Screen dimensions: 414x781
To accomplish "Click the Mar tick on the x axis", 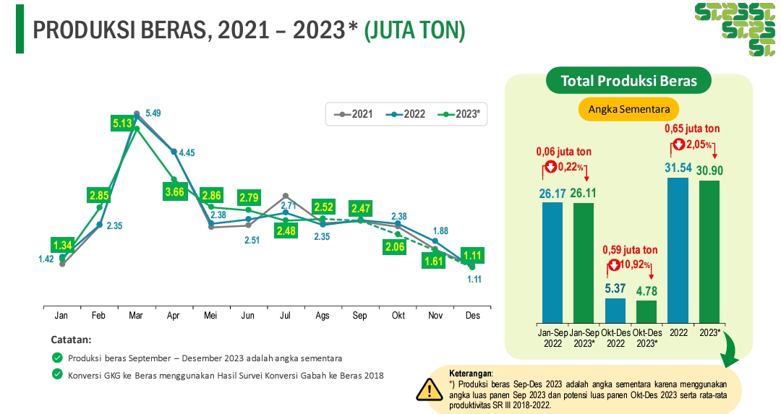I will (x=135, y=316).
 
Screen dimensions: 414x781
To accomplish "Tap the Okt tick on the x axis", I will (x=398, y=316).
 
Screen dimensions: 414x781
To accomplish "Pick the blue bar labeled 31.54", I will (x=678, y=249).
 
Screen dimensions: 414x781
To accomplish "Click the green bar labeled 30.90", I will (x=709, y=251).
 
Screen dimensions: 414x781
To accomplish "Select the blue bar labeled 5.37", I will (x=615, y=310).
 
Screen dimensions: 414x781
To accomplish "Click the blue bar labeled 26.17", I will (x=552, y=262).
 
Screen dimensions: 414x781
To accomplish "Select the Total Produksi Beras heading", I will (x=628, y=80).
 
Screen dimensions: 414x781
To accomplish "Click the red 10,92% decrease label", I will (x=630, y=264).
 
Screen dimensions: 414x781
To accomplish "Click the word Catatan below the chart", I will (x=71, y=339).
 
